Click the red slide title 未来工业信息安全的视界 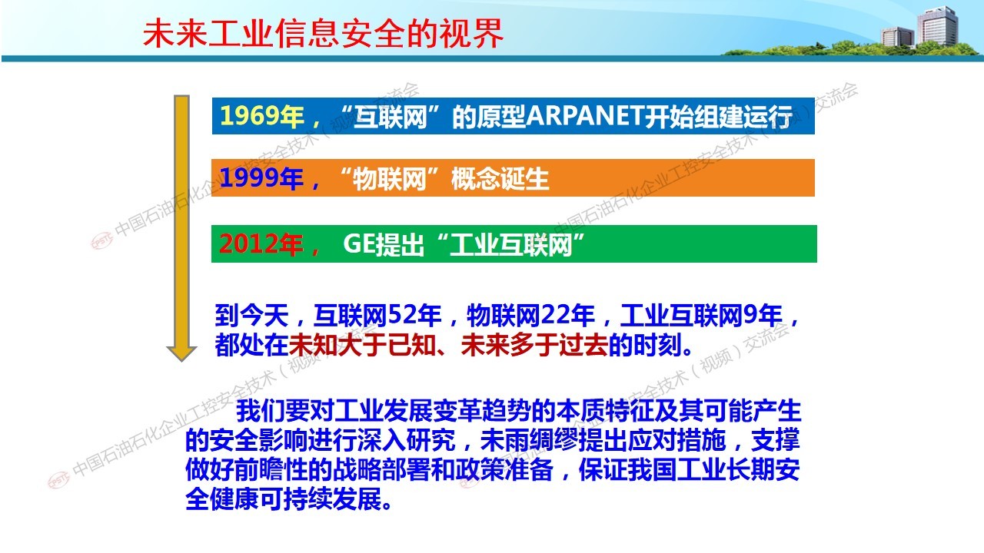pyautogui.click(x=323, y=33)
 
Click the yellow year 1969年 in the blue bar pyautogui.click(x=262, y=116)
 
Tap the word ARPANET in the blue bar pyautogui.click(x=585, y=116)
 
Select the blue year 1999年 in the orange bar pyautogui.click(x=262, y=178)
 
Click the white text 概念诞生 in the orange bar pyautogui.click(x=500, y=179)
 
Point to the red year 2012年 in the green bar pyautogui.click(x=262, y=244)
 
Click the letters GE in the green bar pyautogui.click(x=359, y=244)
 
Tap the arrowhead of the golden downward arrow pyautogui.click(x=181, y=353)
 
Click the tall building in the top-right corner pyautogui.click(x=937, y=26)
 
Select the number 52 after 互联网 pyautogui.click(x=402, y=315)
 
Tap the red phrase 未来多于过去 pyautogui.click(x=534, y=345)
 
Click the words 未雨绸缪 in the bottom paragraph pyautogui.click(x=529, y=440)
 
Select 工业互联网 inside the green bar pyautogui.click(x=511, y=244)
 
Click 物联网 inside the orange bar pyautogui.click(x=390, y=179)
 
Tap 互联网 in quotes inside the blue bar pyautogui.click(x=390, y=116)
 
